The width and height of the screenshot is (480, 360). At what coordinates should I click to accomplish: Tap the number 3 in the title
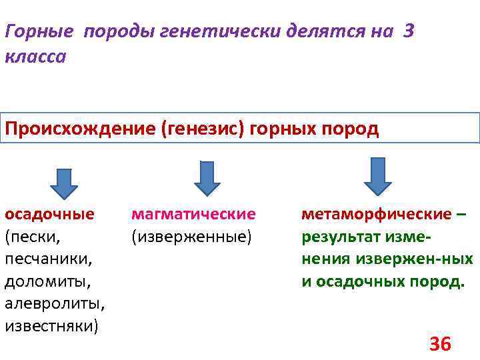pos(408,31)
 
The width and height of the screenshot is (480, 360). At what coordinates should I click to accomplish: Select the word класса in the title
pos(35,57)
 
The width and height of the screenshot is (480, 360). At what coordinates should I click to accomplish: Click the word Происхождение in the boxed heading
pos(80,129)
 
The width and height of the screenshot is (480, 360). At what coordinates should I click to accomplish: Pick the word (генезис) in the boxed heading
pos(203,129)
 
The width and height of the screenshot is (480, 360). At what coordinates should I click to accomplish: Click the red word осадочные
pos(49,214)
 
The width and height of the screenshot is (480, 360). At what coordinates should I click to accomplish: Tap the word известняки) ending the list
pos(51,326)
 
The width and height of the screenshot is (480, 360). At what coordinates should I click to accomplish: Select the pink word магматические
pos(194,214)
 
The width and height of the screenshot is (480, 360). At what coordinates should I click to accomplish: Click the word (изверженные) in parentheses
pos(192,236)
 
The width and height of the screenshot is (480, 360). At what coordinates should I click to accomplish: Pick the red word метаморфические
pos(377,214)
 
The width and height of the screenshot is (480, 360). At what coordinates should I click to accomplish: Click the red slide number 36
pos(440,344)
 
